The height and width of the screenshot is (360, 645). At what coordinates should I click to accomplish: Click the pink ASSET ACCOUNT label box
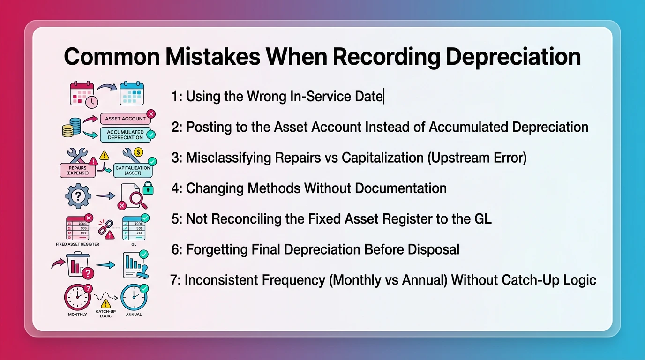(x=125, y=119)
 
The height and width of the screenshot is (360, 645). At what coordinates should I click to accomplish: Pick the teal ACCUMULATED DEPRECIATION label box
(x=125, y=135)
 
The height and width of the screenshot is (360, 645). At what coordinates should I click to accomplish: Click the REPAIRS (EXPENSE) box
(x=77, y=169)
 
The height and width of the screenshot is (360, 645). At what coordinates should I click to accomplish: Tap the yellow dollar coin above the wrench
(x=138, y=152)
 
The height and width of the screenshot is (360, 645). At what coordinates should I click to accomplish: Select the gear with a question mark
(x=78, y=196)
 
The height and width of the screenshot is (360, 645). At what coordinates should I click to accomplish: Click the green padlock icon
(x=148, y=188)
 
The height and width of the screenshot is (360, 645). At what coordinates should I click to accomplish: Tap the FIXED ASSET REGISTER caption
(x=77, y=244)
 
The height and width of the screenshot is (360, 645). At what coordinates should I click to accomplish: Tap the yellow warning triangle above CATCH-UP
(x=106, y=303)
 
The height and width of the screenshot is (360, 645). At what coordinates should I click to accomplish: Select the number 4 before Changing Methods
(x=175, y=188)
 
